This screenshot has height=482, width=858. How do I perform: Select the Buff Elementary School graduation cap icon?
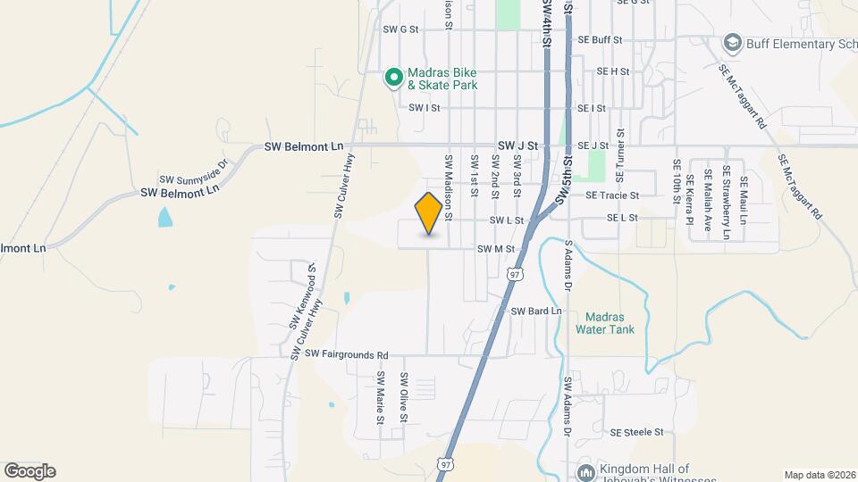[733, 43]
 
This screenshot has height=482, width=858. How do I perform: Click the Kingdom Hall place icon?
[585, 470]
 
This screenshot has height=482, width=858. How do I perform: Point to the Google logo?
[29, 471]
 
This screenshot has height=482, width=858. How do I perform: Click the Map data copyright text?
[820, 475]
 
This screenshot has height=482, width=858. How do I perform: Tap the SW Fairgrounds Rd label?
[348, 354]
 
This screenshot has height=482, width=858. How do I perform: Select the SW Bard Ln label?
[535, 311]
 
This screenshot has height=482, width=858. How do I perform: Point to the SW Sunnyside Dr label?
[194, 167]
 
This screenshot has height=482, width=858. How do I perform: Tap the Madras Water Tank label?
[610, 323]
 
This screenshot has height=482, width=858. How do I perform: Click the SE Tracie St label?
[612, 195]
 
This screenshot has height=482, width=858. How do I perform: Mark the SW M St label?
[496, 249]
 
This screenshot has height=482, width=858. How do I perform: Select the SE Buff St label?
[599, 40]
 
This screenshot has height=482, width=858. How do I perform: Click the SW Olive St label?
[403, 397]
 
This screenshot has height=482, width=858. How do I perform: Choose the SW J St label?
[518, 145]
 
